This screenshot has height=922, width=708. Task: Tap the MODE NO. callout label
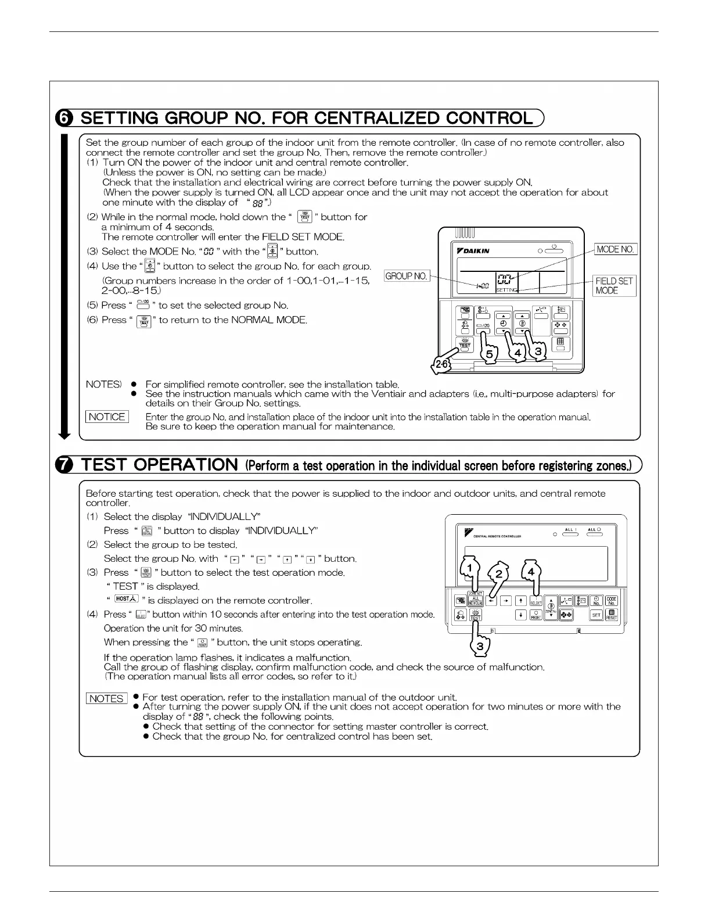click(616, 249)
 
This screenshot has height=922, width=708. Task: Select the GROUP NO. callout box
click(407, 276)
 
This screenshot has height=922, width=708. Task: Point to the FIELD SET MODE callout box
click(614, 285)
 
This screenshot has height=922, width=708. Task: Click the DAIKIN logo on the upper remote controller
click(473, 250)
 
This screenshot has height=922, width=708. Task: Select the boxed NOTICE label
click(107, 417)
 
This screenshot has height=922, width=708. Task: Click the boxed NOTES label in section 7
click(107, 698)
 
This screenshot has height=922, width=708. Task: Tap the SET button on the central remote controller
click(596, 615)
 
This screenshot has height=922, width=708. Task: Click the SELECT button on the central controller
click(536, 602)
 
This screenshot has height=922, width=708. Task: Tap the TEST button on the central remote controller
click(476, 615)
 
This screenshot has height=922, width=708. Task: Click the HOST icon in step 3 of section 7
click(125, 599)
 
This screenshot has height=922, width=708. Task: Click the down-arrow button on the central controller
click(521, 615)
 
